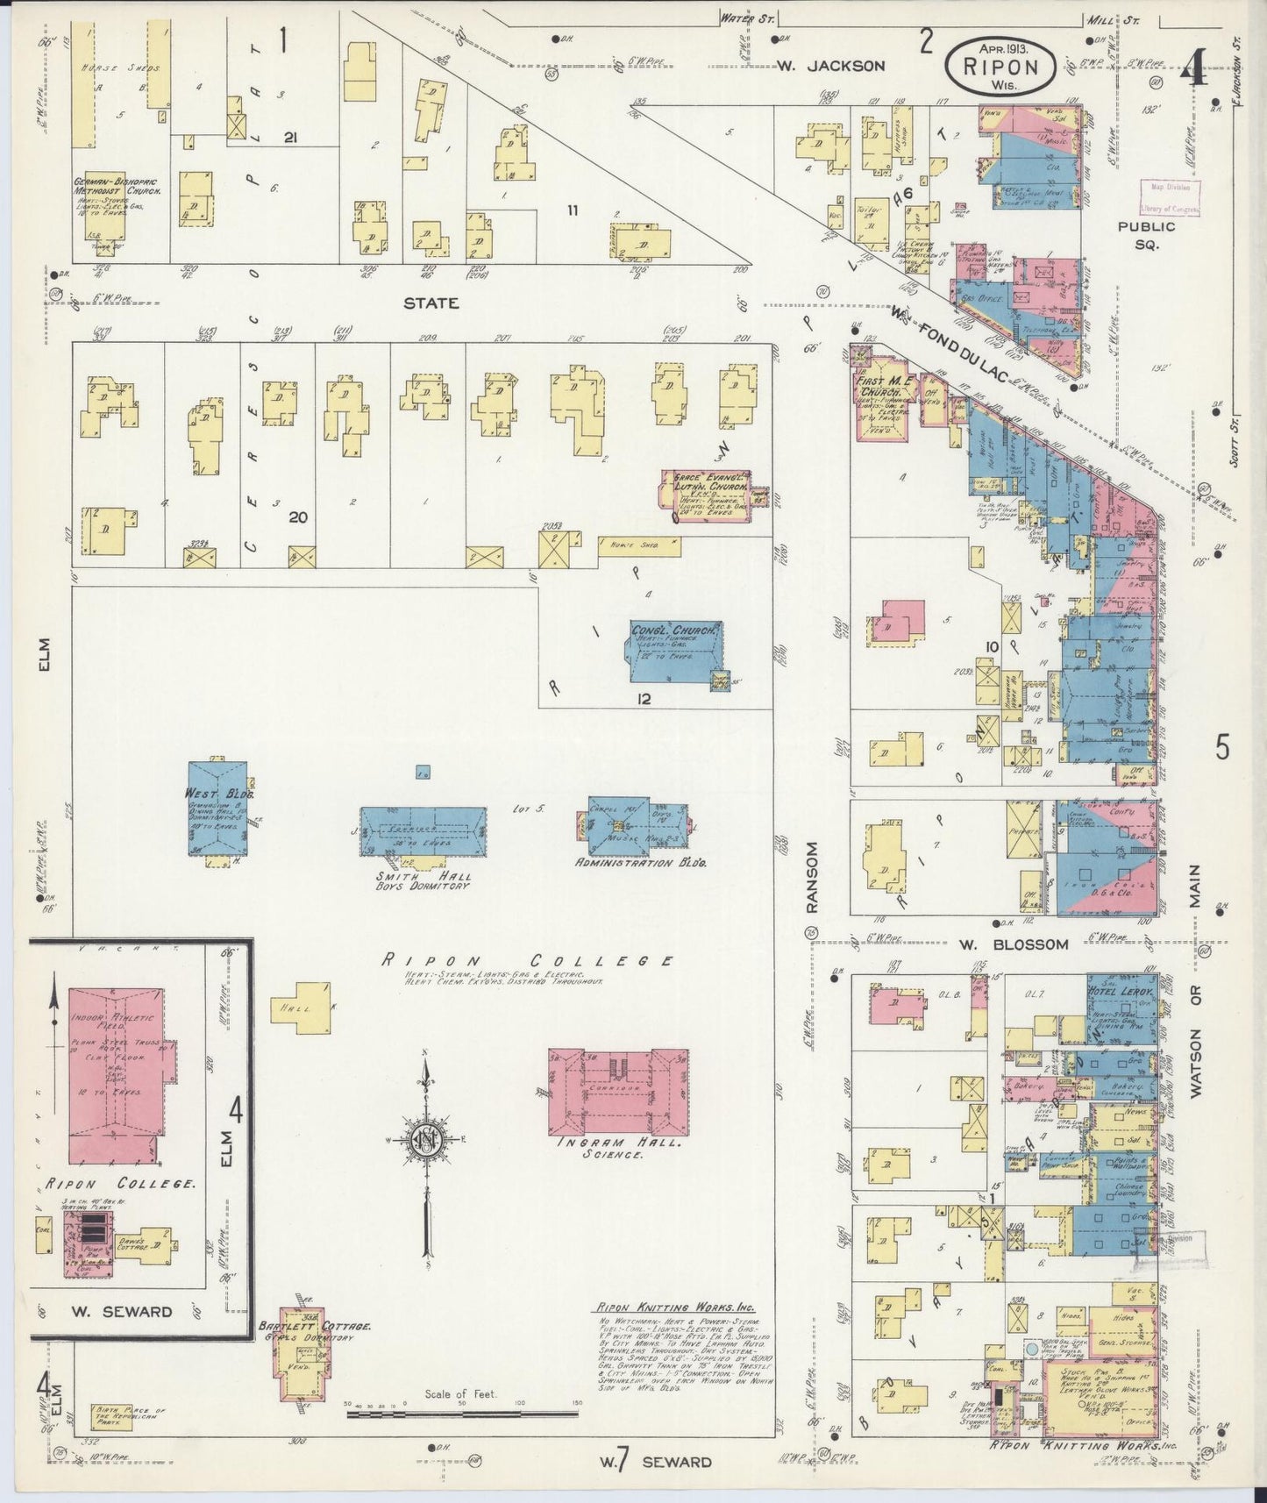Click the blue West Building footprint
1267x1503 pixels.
[x=217, y=808]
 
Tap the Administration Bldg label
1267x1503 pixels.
[x=641, y=863]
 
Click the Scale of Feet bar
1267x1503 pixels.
[x=461, y=1414]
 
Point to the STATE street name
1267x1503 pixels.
[x=431, y=303]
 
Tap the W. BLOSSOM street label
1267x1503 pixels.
[x=1013, y=944]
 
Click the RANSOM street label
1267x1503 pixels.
[x=812, y=877]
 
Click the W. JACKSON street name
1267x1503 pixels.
[x=831, y=65]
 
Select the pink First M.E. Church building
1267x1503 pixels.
[x=886, y=399]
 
